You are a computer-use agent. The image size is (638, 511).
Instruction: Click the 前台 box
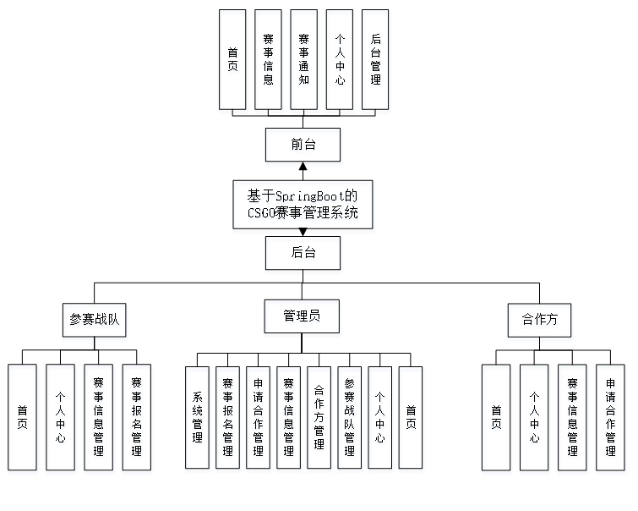click(303, 147)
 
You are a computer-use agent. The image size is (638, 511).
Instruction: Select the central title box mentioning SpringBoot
click(303, 206)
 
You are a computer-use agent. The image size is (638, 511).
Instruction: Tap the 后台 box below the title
click(303, 255)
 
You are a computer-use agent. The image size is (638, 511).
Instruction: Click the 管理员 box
click(303, 319)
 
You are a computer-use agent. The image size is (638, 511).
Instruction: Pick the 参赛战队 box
click(95, 322)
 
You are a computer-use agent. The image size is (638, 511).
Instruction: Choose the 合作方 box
click(540, 322)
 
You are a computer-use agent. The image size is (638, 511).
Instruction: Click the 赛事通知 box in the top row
click(304, 62)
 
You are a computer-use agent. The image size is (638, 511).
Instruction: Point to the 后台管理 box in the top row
click(375, 62)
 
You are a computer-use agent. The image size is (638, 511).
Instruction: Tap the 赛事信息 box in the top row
click(269, 62)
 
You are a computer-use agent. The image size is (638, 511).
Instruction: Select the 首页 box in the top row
click(233, 62)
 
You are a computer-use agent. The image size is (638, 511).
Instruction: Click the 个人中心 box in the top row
click(340, 62)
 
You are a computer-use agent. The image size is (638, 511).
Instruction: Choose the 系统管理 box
click(198, 420)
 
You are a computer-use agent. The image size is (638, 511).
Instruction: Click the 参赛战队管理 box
click(350, 420)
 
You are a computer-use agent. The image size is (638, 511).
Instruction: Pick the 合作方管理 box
click(319, 420)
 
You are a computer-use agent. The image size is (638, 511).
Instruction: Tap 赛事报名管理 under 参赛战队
click(137, 420)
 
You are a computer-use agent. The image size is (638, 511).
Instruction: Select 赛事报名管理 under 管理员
click(228, 420)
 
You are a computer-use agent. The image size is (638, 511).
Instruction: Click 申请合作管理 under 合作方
click(610, 420)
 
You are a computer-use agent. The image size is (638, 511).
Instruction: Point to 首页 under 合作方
click(496, 420)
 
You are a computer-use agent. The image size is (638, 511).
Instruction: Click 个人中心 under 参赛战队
click(61, 420)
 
